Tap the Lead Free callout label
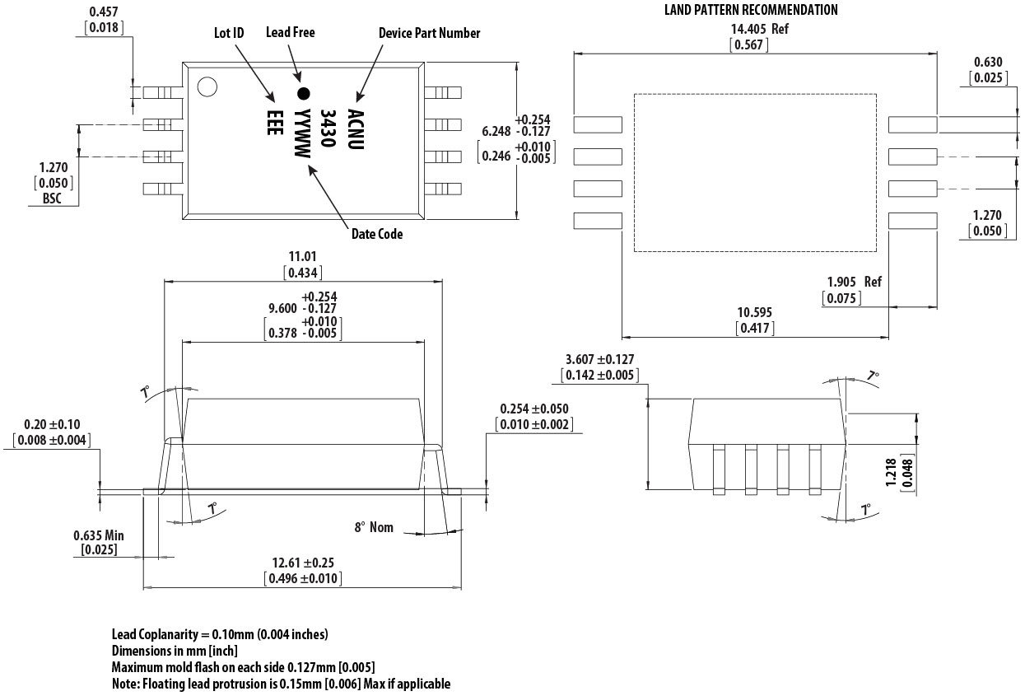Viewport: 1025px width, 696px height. click(x=290, y=32)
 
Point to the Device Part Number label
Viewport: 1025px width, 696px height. click(x=429, y=33)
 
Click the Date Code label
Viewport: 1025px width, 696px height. click(x=377, y=234)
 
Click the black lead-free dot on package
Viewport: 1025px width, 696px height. click(x=303, y=93)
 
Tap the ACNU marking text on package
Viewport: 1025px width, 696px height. click(x=355, y=128)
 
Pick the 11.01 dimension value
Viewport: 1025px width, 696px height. click(x=302, y=257)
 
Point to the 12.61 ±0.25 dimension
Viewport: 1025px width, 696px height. click(x=302, y=563)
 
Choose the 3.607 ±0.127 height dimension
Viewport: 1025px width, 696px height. click(x=600, y=360)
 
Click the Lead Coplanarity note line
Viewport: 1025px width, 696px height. click(x=220, y=634)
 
